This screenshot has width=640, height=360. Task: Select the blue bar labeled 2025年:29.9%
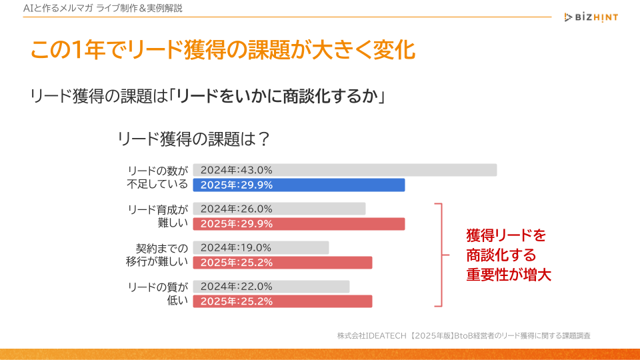(299, 185)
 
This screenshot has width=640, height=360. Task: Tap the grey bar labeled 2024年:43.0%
(345, 170)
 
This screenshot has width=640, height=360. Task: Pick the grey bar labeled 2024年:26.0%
(279, 209)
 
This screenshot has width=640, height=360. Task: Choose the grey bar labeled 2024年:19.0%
(261, 247)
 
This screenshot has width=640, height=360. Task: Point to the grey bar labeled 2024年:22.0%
(271, 286)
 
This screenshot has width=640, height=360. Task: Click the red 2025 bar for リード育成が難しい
(299, 224)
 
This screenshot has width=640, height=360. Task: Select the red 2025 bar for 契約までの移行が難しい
(282, 263)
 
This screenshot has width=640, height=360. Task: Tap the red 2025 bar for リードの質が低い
(282, 301)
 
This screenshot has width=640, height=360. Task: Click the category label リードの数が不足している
(158, 177)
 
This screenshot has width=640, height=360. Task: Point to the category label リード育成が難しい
(158, 216)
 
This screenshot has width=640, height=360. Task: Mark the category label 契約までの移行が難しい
(158, 255)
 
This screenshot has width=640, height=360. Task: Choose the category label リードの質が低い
(158, 293)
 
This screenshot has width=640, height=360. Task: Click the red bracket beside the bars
(440, 255)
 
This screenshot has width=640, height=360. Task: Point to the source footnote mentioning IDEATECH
(464, 335)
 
